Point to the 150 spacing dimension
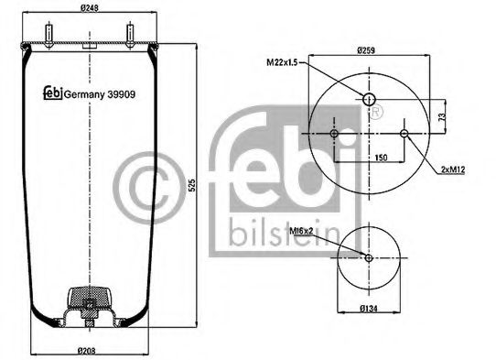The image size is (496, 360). tap(369, 157)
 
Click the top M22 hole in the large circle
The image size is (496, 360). tap(369, 99)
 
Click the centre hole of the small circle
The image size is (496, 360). tap(369, 257)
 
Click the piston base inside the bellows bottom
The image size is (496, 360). tap(88, 306)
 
